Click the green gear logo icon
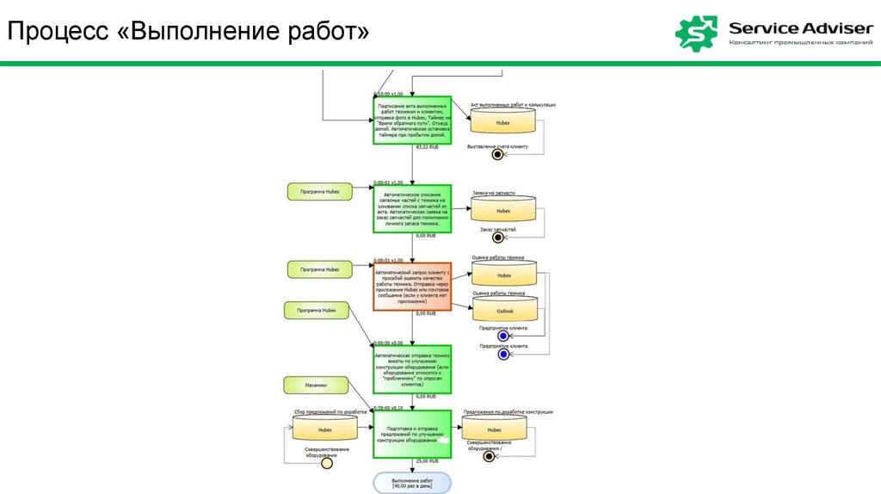[696, 33]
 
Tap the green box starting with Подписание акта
[411, 121]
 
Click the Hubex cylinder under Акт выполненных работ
[502, 122]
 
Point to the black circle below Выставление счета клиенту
[496, 155]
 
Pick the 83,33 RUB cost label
[427, 148]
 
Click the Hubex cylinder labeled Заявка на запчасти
[502, 210]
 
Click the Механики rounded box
[316, 385]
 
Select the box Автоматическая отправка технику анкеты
[411, 369]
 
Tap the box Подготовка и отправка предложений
[411, 434]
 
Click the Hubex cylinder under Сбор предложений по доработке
[324, 429]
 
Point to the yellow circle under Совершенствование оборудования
[326, 463]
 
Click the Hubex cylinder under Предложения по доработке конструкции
[494, 429]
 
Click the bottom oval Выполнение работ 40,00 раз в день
[411, 482]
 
